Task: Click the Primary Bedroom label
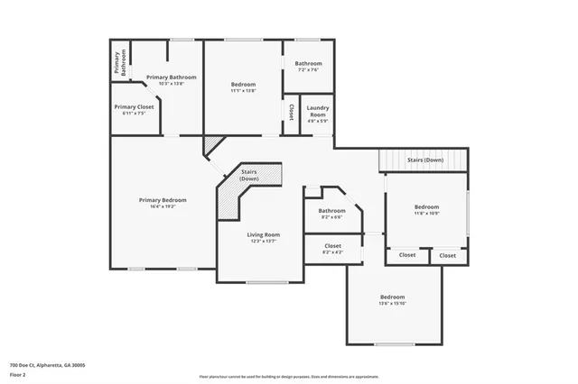[x=163, y=199]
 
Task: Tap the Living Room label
[x=264, y=234]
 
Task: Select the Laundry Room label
[x=317, y=112]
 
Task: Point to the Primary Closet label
[x=134, y=106]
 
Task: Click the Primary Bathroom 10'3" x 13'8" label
[x=171, y=78]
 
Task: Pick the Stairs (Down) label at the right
[x=424, y=160]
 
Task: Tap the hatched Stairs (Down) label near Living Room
[x=249, y=174]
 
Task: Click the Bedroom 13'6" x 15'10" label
[x=392, y=297]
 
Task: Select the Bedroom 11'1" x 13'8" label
[x=243, y=84]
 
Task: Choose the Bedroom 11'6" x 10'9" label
[x=426, y=206]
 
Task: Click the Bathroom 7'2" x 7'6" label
[x=308, y=63]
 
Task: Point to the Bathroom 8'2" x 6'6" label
[x=331, y=211]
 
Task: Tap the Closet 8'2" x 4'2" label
[x=331, y=245]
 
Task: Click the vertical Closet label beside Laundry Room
[x=291, y=111]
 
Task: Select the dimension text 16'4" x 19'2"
[x=163, y=206]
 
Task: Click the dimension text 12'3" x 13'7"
[x=264, y=242]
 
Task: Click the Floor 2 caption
[x=18, y=373]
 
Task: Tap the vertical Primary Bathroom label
[x=118, y=62]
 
